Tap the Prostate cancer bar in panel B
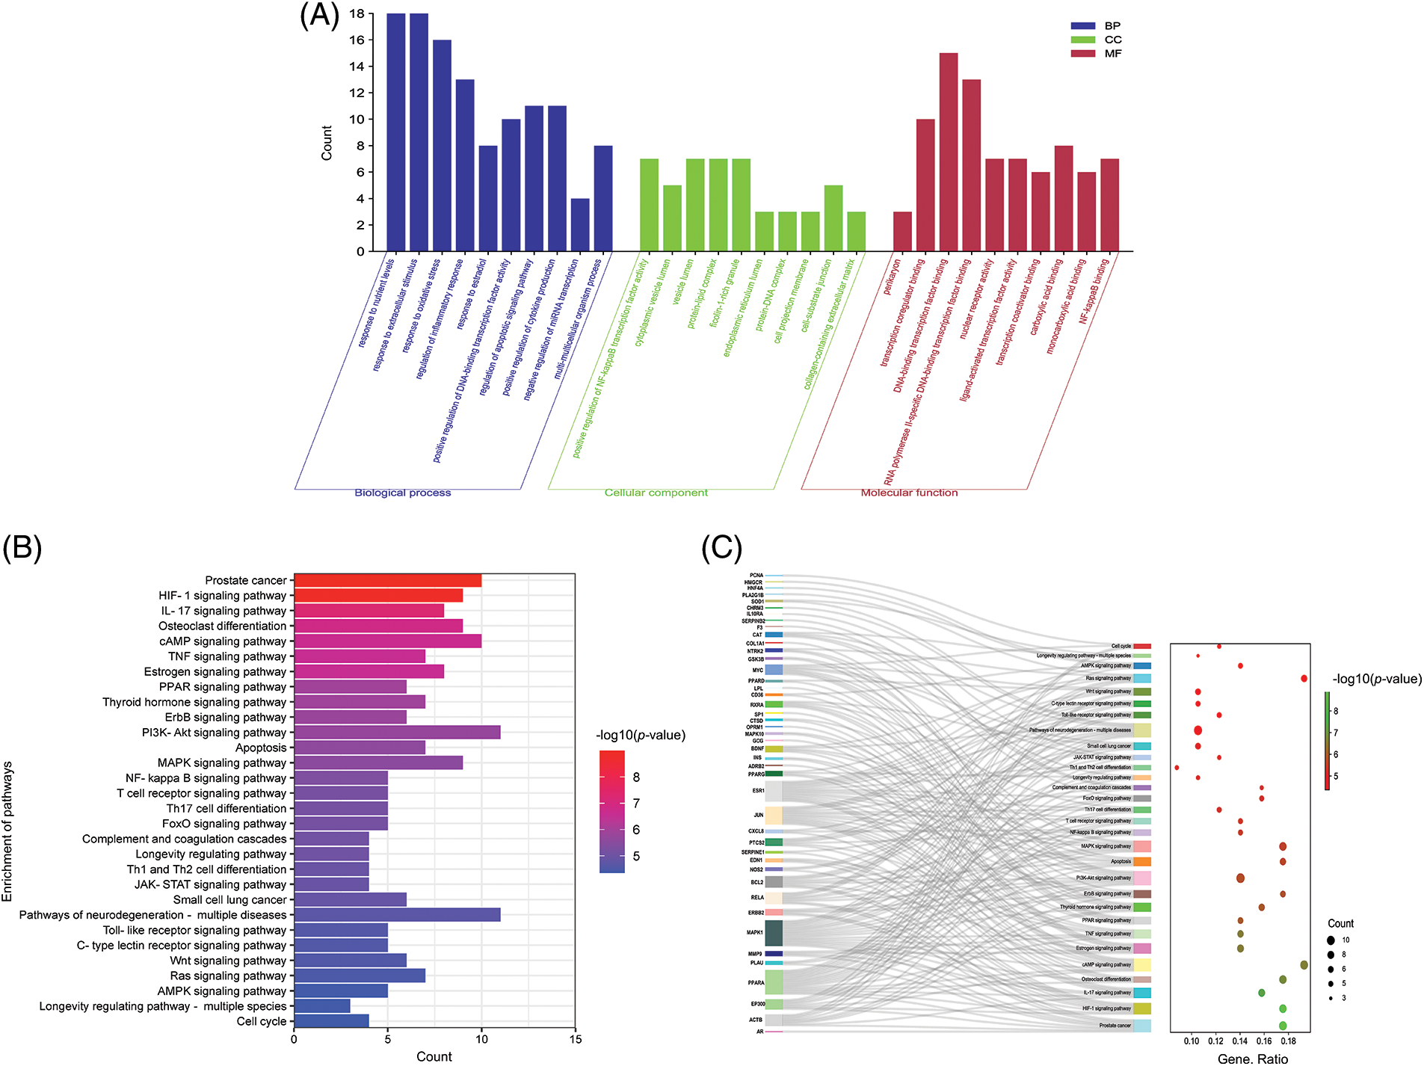coord(387,580)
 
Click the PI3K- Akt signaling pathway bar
coord(397,733)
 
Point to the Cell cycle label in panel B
coord(261,1021)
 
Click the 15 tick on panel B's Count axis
coord(575,1039)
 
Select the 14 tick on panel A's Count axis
coord(357,67)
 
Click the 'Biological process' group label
coord(402,493)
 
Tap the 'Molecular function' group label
coord(909,493)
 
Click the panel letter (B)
coord(22,548)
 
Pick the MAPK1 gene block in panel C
coord(774,933)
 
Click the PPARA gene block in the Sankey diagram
coord(774,982)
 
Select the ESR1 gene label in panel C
coord(758,790)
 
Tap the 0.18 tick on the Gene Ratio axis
coord(1288,1041)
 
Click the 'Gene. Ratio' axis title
coord(1252,1058)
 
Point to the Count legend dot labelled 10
coord(1331,940)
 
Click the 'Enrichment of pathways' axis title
coord(7,831)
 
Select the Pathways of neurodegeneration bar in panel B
coord(397,915)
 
